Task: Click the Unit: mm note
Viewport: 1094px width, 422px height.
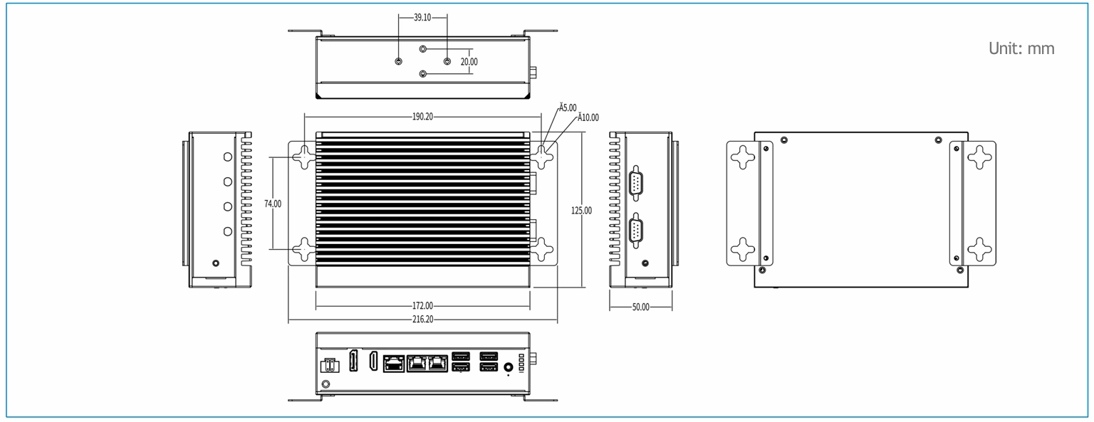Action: tap(1021, 48)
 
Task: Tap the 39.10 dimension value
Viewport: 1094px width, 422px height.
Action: tap(422, 18)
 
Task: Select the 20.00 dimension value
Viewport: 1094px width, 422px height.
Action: tap(469, 62)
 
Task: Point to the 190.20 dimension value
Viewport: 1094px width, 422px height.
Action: tap(422, 117)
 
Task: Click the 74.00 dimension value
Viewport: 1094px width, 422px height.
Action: tap(273, 204)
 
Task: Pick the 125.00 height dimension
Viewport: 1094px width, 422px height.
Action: tap(581, 211)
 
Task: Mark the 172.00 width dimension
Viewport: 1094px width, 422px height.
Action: tap(422, 306)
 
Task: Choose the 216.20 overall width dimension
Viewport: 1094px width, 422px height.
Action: tap(422, 320)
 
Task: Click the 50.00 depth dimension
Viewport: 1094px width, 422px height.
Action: tap(641, 307)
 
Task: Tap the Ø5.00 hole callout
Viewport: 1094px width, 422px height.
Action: tap(568, 107)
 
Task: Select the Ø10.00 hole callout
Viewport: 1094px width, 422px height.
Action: tap(588, 117)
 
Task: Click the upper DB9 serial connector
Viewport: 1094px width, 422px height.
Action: tap(635, 183)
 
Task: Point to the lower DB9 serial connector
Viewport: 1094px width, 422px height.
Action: tap(635, 231)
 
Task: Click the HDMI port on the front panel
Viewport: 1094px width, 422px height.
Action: tap(374, 362)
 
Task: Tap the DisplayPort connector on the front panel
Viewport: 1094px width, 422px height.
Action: tap(353, 361)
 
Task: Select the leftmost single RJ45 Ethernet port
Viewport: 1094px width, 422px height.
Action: tap(394, 363)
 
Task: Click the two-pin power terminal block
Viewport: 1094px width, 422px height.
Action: tap(328, 366)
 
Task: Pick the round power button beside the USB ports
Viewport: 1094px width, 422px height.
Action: tap(509, 367)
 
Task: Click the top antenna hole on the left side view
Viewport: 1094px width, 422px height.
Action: tap(228, 157)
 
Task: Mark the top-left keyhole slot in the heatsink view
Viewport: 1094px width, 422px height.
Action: tap(305, 157)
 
